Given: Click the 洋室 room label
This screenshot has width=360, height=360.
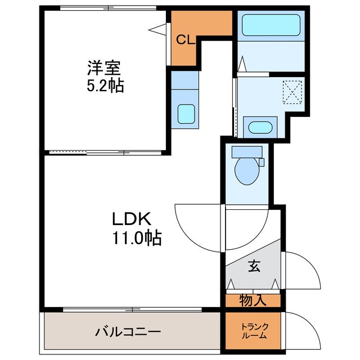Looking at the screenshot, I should pos(104,69).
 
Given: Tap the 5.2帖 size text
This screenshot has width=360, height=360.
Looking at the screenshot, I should pos(105,87).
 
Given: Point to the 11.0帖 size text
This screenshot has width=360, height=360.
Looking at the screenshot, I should pos(135,238).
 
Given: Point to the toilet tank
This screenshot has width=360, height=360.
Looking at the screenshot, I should pos(247,151).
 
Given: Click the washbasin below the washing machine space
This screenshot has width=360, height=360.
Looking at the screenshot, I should pos(260,127).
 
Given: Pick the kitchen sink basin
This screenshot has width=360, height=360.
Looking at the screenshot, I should pos(186,114).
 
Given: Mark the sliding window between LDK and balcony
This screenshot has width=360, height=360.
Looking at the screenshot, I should pos(132,309).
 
